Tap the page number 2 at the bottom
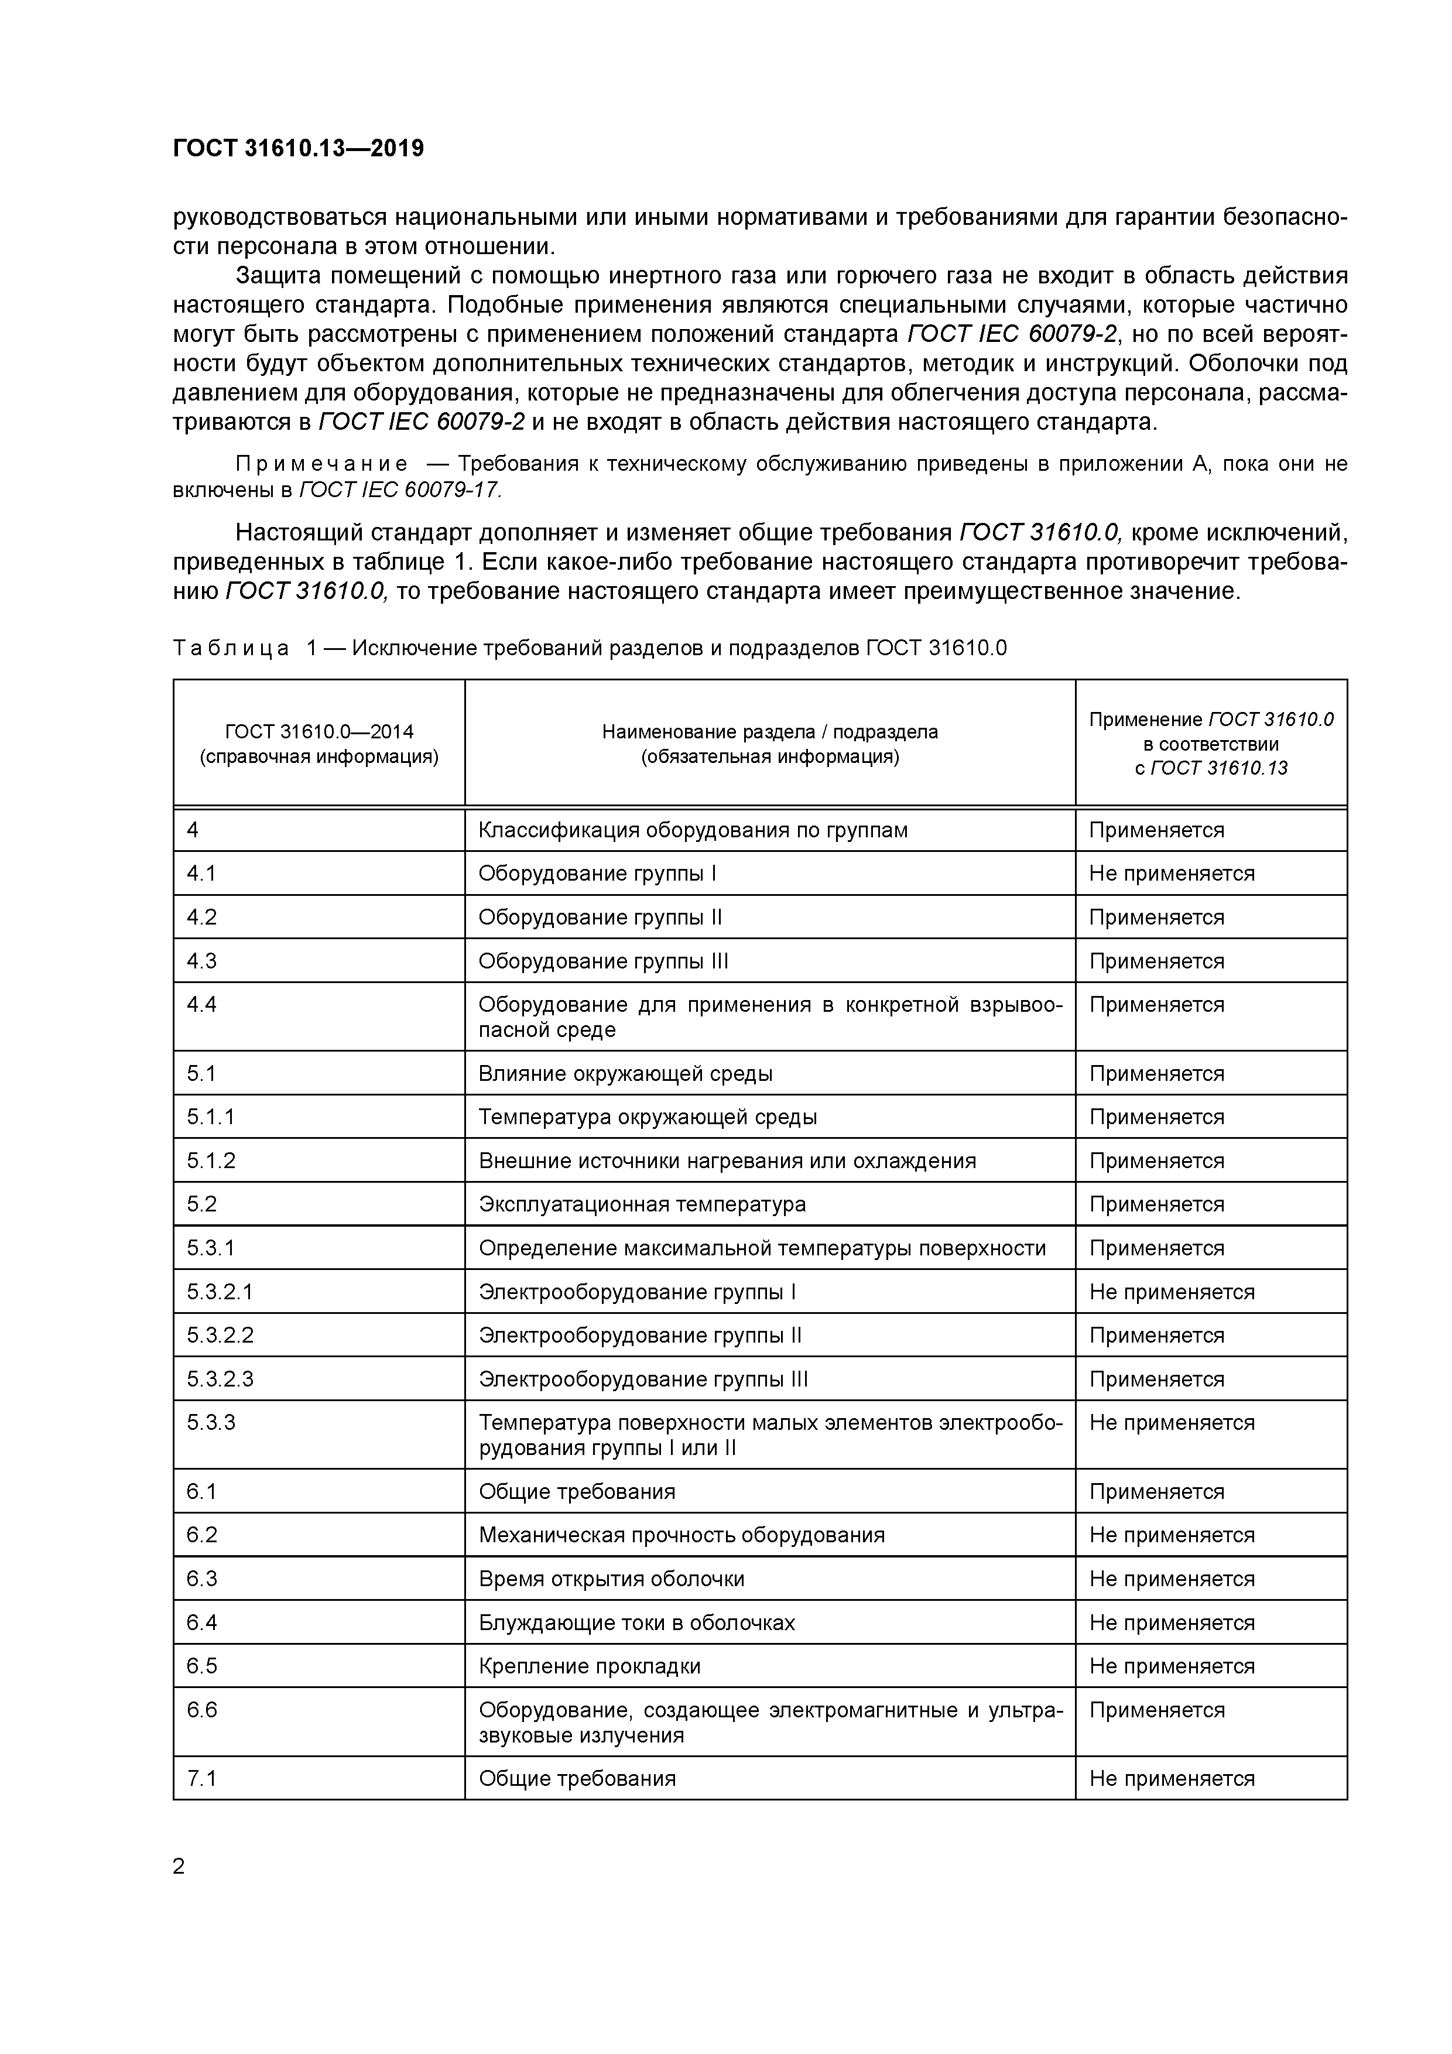tap(179, 1866)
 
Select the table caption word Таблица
tap(231, 648)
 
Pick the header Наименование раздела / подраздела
tap(769, 732)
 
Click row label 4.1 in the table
tap(201, 873)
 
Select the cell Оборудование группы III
tap(603, 961)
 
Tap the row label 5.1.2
tap(211, 1160)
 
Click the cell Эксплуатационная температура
tap(642, 1204)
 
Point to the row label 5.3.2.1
tap(220, 1292)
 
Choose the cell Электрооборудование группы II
tap(640, 1336)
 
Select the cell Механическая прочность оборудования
tap(681, 1535)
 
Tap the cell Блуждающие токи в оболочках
tap(636, 1623)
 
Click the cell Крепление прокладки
tap(590, 1666)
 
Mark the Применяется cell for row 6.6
tap(1156, 1710)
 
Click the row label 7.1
tap(201, 1778)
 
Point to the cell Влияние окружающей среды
tap(625, 1073)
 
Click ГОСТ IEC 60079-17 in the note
tap(399, 490)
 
